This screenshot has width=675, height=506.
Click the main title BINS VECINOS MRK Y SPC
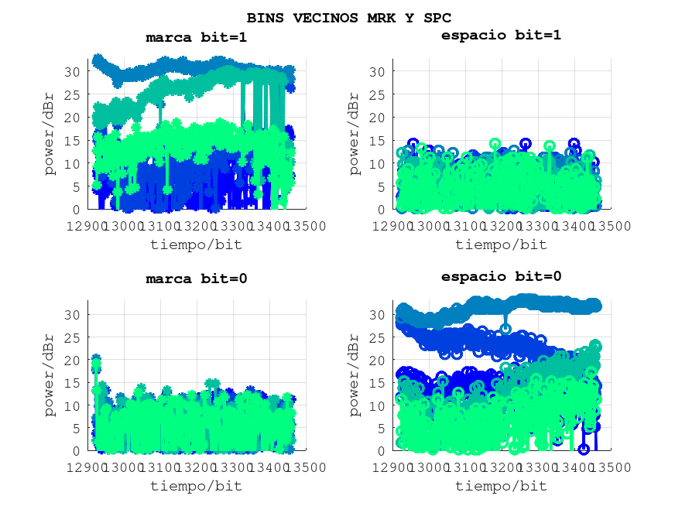(x=348, y=17)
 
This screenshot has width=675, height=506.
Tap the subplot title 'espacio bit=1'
(x=501, y=35)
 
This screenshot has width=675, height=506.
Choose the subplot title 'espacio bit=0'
(x=501, y=276)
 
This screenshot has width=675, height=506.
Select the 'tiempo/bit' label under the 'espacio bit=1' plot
(x=501, y=244)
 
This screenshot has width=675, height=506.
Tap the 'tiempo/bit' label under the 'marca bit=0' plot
(x=196, y=486)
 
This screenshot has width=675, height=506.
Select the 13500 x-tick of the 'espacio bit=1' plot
(x=612, y=226)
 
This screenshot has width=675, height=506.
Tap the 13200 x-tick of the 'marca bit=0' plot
(x=196, y=467)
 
